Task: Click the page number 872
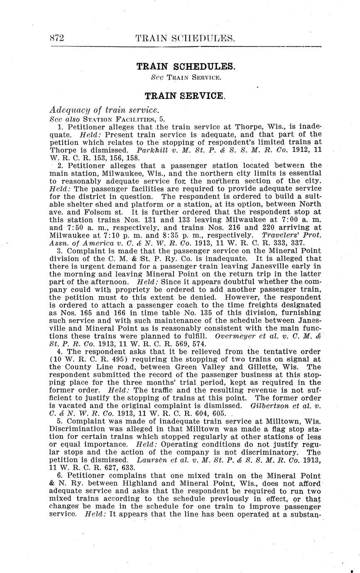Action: point(56,39)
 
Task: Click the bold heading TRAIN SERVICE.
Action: point(185,96)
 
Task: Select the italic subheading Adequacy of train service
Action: point(104,110)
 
